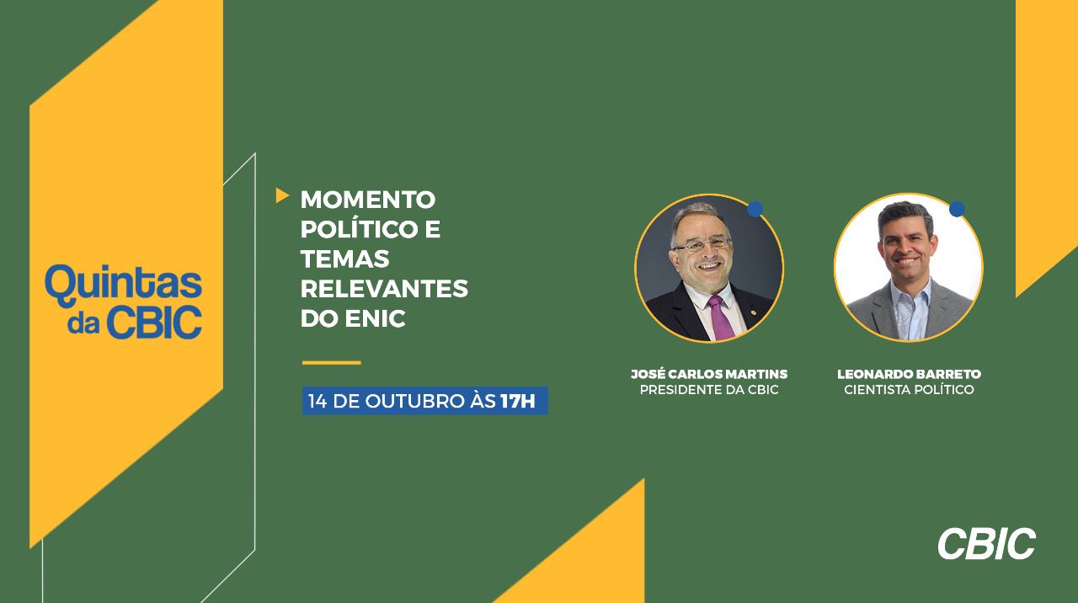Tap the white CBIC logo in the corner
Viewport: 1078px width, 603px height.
pos(986,544)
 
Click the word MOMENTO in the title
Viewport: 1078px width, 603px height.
pos(368,200)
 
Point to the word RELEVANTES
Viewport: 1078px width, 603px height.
pos(384,289)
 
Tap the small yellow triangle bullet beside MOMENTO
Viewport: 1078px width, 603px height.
pos(282,195)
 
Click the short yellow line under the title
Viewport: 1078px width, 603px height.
pos(332,363)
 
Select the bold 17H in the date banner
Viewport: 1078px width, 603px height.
pos(518,401)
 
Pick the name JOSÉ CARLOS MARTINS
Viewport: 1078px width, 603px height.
pos(709,374)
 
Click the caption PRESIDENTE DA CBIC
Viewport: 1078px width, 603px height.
pos(709,390)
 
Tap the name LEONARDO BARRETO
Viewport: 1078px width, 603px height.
pos(909,374)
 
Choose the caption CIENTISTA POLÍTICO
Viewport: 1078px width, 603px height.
pos(909,390)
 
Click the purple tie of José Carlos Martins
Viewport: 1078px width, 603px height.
pos(720,318)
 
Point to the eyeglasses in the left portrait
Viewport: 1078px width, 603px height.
pos(702,245)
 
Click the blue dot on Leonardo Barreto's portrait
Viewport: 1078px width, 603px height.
pos(957,209)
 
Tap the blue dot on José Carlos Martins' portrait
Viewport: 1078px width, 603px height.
pos(755,209)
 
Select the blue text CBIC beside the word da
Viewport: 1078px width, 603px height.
pos(154,323)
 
